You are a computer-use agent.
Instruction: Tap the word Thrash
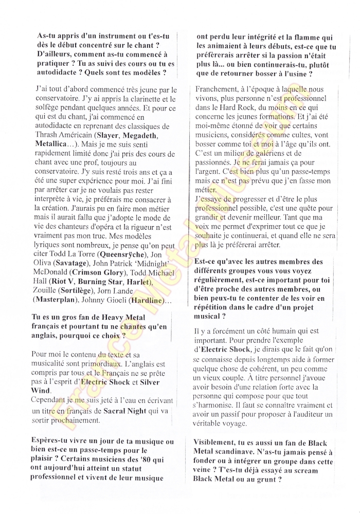(x=47, y=135)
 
